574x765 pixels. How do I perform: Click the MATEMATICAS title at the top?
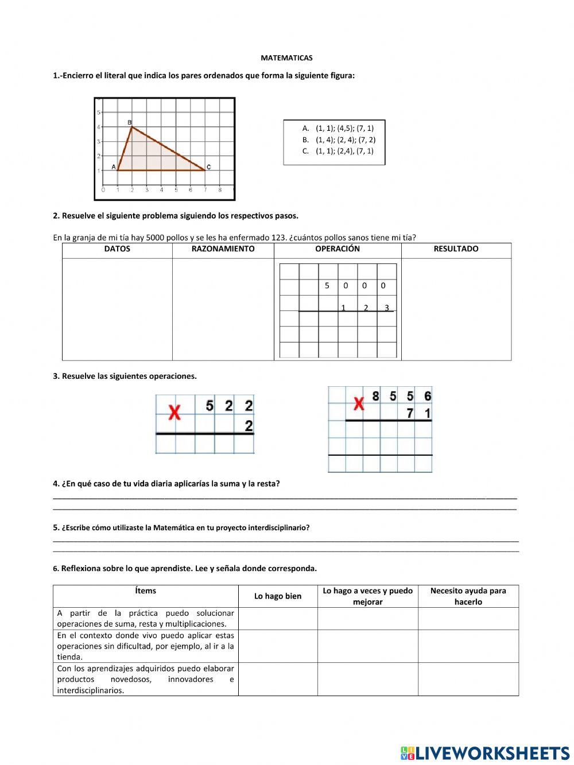[x=286, y=58]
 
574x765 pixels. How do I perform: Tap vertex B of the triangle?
[x=132, y=127]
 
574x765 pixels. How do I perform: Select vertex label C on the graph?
[x=208, y=167]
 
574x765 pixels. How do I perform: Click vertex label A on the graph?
[x=114, y=167]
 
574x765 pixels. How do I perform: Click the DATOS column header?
[x=117, y=249]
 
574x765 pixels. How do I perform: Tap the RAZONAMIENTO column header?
[x=223, y=249]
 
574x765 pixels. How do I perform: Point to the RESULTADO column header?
[x=456, y=249]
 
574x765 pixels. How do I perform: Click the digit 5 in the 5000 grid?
[x=327, y=285]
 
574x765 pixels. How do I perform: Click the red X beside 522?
[x=174, y=411]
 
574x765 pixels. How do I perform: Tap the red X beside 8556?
[x=359, y=404]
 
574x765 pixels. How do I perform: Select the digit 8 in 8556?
[x=375, y=396]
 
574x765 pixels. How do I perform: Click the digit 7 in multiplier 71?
[x=410, y=413]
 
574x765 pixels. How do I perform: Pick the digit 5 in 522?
[x=210, y=406]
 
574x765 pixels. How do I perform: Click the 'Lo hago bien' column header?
[x=278, y=596]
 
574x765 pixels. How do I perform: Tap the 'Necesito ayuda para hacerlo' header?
[x=468, y=596]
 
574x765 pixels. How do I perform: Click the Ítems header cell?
[x=146, y=591]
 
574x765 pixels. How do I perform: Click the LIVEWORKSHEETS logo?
[x=485, y=753]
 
